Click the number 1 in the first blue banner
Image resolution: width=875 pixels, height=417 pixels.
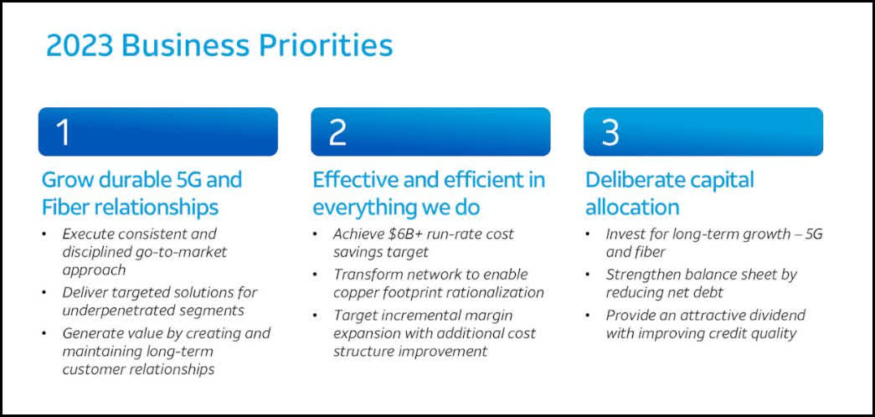64,132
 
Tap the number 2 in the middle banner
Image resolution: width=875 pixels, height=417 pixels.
337,132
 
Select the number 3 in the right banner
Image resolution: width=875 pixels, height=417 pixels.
610,132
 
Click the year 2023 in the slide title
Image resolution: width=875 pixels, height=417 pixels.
80,45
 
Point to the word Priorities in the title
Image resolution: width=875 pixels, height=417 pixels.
326,45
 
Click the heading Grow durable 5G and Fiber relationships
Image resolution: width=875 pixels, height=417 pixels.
142,193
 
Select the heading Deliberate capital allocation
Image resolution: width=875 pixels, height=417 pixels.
670,193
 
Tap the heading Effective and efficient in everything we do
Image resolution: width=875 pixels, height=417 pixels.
429,193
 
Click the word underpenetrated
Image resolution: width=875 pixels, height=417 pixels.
112,311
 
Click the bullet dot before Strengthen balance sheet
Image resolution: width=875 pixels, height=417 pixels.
588,275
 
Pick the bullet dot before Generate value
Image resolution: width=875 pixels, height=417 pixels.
44,333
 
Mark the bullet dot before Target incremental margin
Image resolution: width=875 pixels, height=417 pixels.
316,316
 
